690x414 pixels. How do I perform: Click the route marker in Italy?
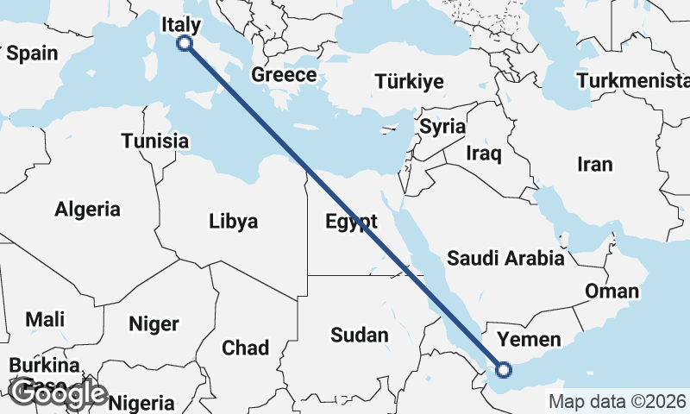(x=184, y=43)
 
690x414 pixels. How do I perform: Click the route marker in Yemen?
(x=504, y=370)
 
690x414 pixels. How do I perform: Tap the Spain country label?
(x=32, y=53)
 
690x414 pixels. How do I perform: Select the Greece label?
(x=284, y=75)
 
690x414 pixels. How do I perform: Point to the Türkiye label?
(x=409, y=82)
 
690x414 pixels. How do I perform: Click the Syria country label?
(x=442, y=127)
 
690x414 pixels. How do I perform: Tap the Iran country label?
(x=594, y=165)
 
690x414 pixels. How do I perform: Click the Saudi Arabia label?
(x=505, y=258)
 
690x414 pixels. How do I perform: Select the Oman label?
(x=612, y=292)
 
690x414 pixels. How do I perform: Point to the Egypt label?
(x=351, y=222)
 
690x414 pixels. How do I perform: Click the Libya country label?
(x=233, y=222)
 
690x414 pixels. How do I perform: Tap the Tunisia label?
(x=155, y=141)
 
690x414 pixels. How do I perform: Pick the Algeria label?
(x=87, y=209)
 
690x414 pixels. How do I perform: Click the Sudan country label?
(x=360, y=335)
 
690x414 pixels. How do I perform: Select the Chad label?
(x=245, y=348)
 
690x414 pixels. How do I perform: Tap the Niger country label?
(x=154, y=324)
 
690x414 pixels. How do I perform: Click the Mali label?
(x=45, y=319)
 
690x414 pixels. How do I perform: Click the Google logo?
(x=58, y=393)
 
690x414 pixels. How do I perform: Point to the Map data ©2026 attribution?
(x=617, y=401)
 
